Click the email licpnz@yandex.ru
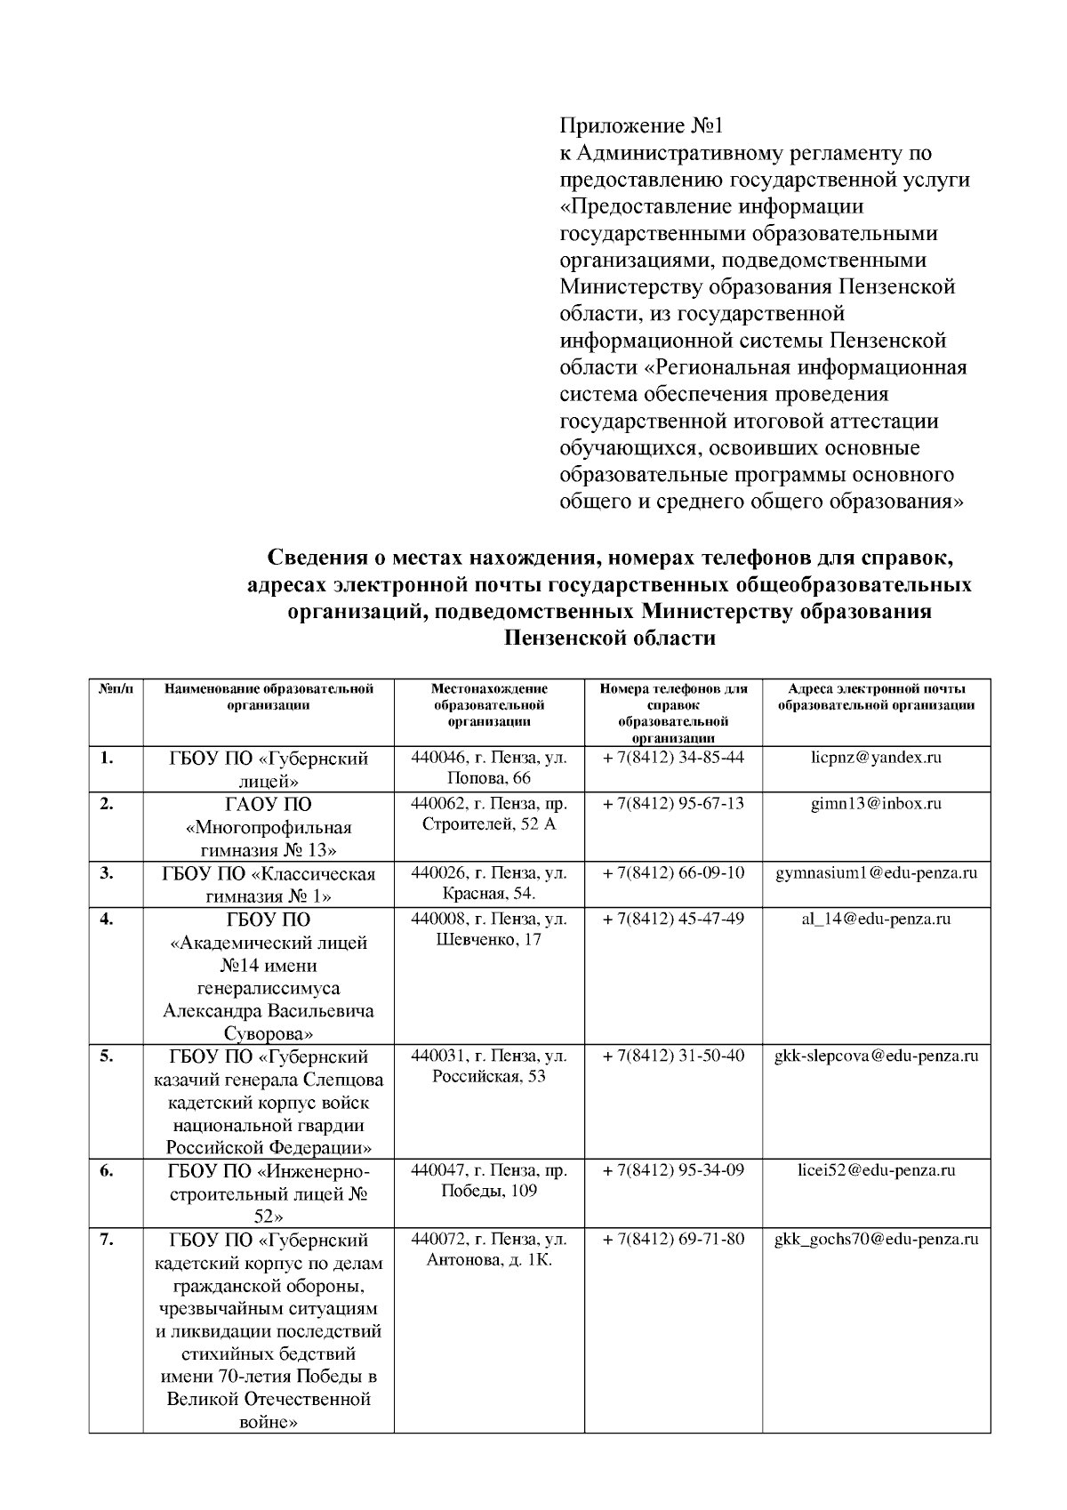876,758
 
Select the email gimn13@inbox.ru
876,804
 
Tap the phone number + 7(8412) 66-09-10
673,873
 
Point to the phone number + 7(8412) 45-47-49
673,919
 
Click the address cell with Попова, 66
489,768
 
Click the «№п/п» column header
116,689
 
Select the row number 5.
106,1056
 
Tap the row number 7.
106,1240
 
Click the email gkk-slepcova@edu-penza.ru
876,1056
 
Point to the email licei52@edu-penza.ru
876,1170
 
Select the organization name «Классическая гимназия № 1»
269,885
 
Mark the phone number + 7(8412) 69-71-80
673,1239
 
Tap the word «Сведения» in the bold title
315,558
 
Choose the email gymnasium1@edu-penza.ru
876,873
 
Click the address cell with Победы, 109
489,1181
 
